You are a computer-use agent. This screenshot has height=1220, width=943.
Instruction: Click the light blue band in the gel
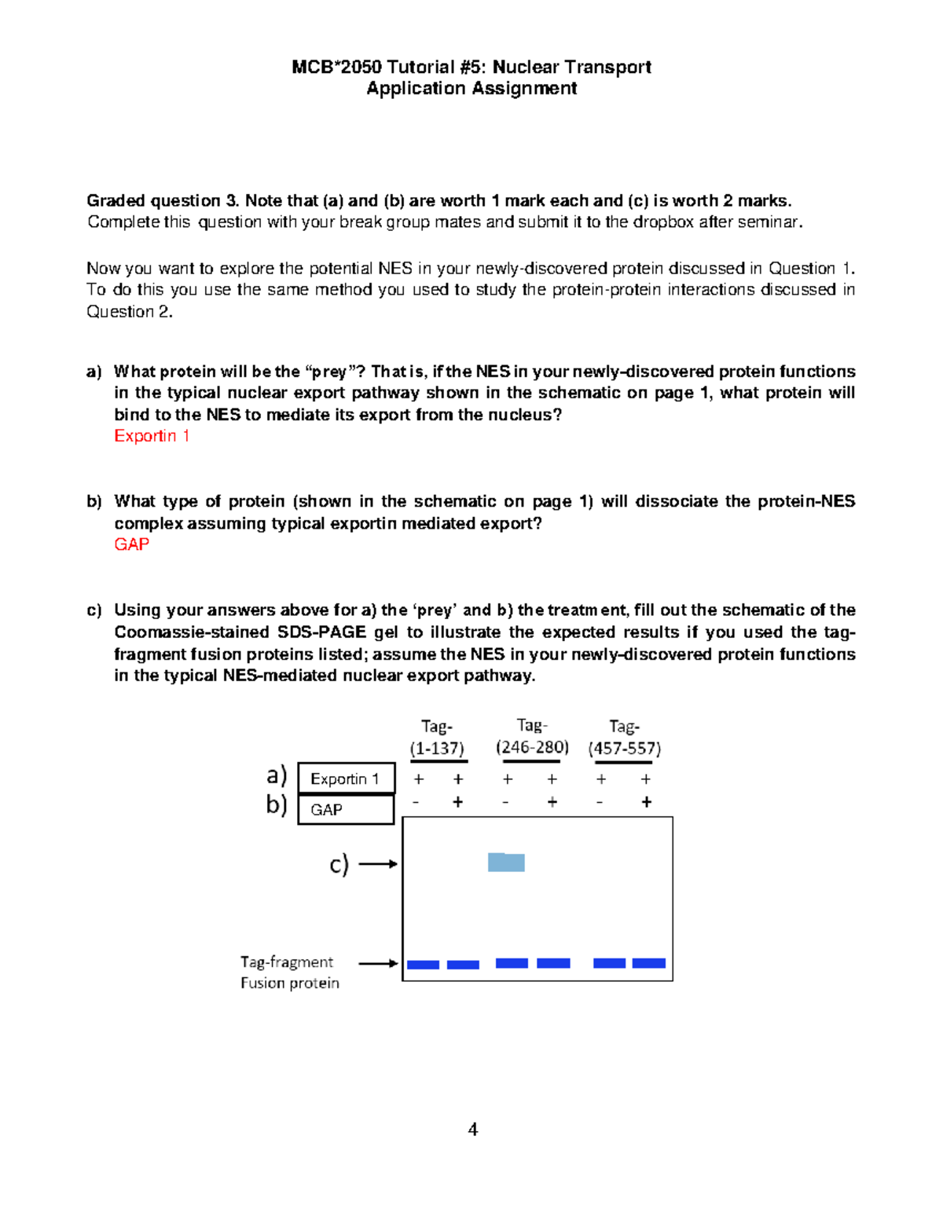[x=506, y=862]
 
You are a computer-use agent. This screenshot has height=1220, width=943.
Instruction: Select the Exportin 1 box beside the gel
[x=345, y=779]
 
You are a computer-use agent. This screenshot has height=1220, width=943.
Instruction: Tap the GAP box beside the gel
[x=345, y=809]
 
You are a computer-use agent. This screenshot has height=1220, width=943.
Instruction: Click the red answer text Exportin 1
[x=152, y=436]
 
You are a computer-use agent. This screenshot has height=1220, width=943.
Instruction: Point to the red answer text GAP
[x=131, y=544]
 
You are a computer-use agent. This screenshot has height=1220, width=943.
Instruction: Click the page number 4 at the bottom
[x=472, y=1130]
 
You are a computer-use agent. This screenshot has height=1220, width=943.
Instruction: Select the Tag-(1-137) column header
[x=437, y=738]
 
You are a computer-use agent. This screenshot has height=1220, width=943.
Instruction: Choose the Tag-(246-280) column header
[x=532, y=736]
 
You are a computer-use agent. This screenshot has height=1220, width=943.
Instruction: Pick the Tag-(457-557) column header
[x=624, y=738]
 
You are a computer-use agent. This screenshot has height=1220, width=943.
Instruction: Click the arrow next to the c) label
[x=378, y=864]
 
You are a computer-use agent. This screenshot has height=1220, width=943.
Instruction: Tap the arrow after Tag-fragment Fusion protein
[x=378, y=963]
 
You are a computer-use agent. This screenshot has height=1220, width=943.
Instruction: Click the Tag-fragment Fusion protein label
[x=289, y=973]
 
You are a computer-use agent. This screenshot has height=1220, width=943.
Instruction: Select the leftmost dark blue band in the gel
[x=423, y=965]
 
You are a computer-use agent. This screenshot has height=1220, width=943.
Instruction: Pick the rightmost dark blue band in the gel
[x=648, y=963]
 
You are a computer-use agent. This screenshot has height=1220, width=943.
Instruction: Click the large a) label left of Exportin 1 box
[x=277, y=775]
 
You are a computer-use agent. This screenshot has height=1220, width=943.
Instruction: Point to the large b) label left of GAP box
[x=277, y=804]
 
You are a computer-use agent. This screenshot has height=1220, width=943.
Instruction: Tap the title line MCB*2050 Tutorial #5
[x=472, y=67]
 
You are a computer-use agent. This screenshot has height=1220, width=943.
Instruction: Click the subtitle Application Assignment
[x=472, y=89]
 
